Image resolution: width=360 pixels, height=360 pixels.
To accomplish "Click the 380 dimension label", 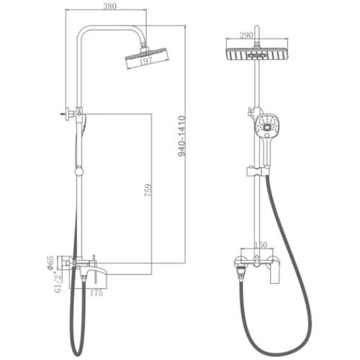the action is [x=109, y=6].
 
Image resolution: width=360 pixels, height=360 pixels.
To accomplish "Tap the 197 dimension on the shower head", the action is [x=145, y=60].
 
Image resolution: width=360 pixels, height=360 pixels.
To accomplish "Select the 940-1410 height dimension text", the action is [x=181, y=136].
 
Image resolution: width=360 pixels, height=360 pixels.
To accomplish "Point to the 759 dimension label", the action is [x=148, y=190].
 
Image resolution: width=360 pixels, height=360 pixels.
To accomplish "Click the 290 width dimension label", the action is [x=246, y=35].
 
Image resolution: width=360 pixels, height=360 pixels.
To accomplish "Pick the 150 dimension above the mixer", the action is [x=261, y=245].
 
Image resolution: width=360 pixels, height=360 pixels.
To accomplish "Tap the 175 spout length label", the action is [x=96, y=292].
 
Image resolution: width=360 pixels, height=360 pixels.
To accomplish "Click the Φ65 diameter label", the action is [x=51, y=263].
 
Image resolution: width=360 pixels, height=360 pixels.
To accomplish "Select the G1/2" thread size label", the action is [x=58, y=282].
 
